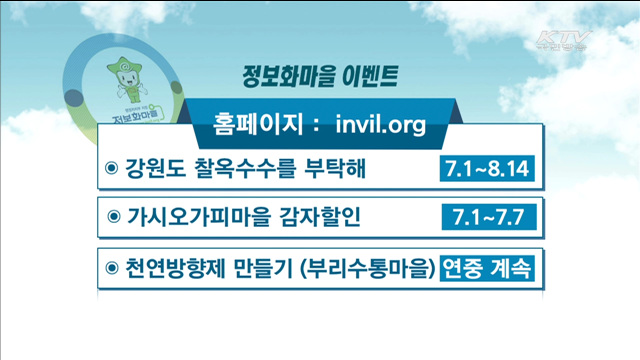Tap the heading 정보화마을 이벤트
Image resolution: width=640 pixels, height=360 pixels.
click(320, 74)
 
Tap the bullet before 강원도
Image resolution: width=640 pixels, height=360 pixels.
click(111, 167)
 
